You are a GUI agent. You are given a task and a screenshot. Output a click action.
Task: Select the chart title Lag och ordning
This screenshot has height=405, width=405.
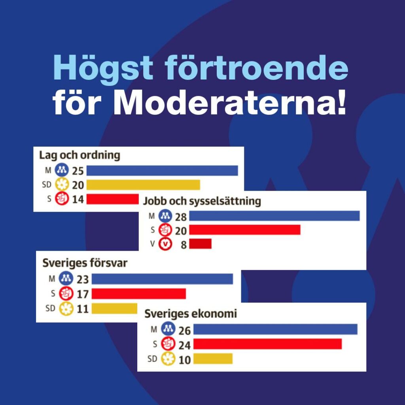[x=79, y=155]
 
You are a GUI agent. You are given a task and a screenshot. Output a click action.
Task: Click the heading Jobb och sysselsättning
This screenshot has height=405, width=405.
[x=202, y=201]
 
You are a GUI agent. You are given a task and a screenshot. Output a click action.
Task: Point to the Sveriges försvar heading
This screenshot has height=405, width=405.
[x=85, y=263]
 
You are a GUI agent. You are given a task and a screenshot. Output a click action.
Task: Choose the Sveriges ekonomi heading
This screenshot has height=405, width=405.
[x=191, y=314]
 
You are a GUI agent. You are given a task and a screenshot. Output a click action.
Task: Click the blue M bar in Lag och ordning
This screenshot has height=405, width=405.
[x=162, y=170]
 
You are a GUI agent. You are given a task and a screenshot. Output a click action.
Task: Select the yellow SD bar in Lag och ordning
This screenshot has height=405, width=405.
[x=143, y=185]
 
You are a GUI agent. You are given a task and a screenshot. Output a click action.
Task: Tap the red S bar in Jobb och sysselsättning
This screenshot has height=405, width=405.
[x=245, y=230]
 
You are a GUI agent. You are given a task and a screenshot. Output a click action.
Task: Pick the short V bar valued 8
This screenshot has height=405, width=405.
[x=201, y=244]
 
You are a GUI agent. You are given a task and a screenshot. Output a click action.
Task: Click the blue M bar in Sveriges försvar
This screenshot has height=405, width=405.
[x=163, y=279]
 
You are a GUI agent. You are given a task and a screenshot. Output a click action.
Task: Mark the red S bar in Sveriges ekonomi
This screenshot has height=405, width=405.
[x=268, y=344]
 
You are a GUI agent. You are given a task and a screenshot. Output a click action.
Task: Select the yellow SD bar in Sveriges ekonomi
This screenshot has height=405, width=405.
[x=213, y=358]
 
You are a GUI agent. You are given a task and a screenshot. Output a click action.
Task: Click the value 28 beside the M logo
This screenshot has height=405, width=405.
[x=181, y=217]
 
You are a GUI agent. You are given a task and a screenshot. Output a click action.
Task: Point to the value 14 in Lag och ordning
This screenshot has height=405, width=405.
[x=78, y=199]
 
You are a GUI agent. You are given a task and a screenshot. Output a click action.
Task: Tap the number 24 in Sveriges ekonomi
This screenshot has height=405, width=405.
[x=184, y=345]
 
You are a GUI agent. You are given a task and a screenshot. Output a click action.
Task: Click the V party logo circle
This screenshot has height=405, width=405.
[x=165, y=244]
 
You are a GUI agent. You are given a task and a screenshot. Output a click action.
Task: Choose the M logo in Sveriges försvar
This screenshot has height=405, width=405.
[x=66, y=278]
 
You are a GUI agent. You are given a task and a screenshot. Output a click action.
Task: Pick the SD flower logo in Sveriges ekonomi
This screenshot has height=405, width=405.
[x=168, y=359]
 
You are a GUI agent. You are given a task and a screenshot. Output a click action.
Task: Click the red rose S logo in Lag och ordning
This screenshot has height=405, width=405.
[x=62, y=199]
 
